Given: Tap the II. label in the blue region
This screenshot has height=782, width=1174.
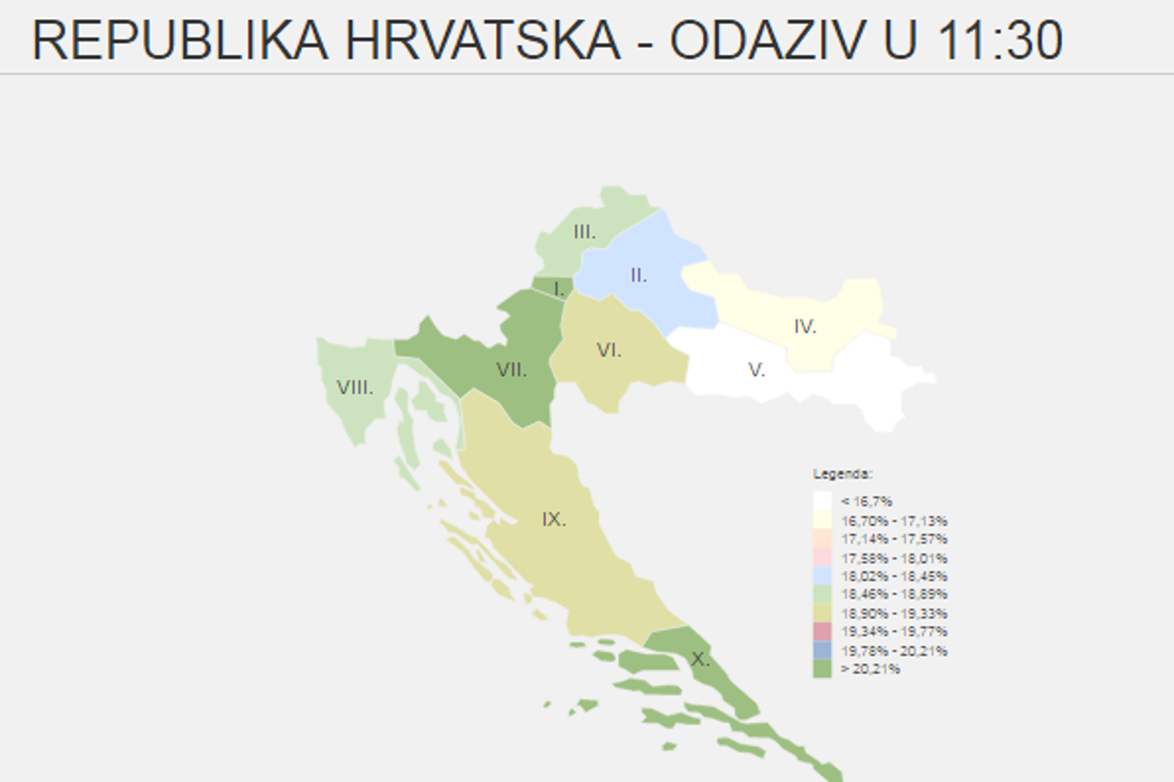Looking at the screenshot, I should [638, 275].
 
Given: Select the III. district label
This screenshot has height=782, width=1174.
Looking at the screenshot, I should [584, 233].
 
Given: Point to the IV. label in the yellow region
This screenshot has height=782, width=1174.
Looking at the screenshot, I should [805, 326].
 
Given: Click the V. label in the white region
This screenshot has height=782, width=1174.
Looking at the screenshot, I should [757, 369].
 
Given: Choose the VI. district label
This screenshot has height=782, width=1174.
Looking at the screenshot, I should [609, 349].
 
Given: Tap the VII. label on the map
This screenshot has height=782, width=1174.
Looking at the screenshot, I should [511, 369].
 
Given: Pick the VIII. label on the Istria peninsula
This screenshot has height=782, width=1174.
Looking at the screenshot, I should [355, 388].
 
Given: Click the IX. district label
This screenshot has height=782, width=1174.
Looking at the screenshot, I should [553, 520].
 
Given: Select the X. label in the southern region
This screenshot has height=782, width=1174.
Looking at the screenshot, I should [700, 658].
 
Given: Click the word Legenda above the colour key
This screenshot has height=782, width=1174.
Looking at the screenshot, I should [843, 474].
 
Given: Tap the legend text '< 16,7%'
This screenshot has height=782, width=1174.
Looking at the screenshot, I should [867, 501].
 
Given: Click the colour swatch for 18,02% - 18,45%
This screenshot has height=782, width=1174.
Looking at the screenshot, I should [822, 577].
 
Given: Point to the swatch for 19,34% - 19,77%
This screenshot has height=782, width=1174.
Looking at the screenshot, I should [822, 632].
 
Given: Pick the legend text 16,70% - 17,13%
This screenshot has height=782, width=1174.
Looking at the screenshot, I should [894, 520].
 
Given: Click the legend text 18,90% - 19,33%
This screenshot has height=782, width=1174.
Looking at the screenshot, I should [894, 613].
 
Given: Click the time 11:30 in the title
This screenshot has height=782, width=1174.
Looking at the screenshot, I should [1001, 40].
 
